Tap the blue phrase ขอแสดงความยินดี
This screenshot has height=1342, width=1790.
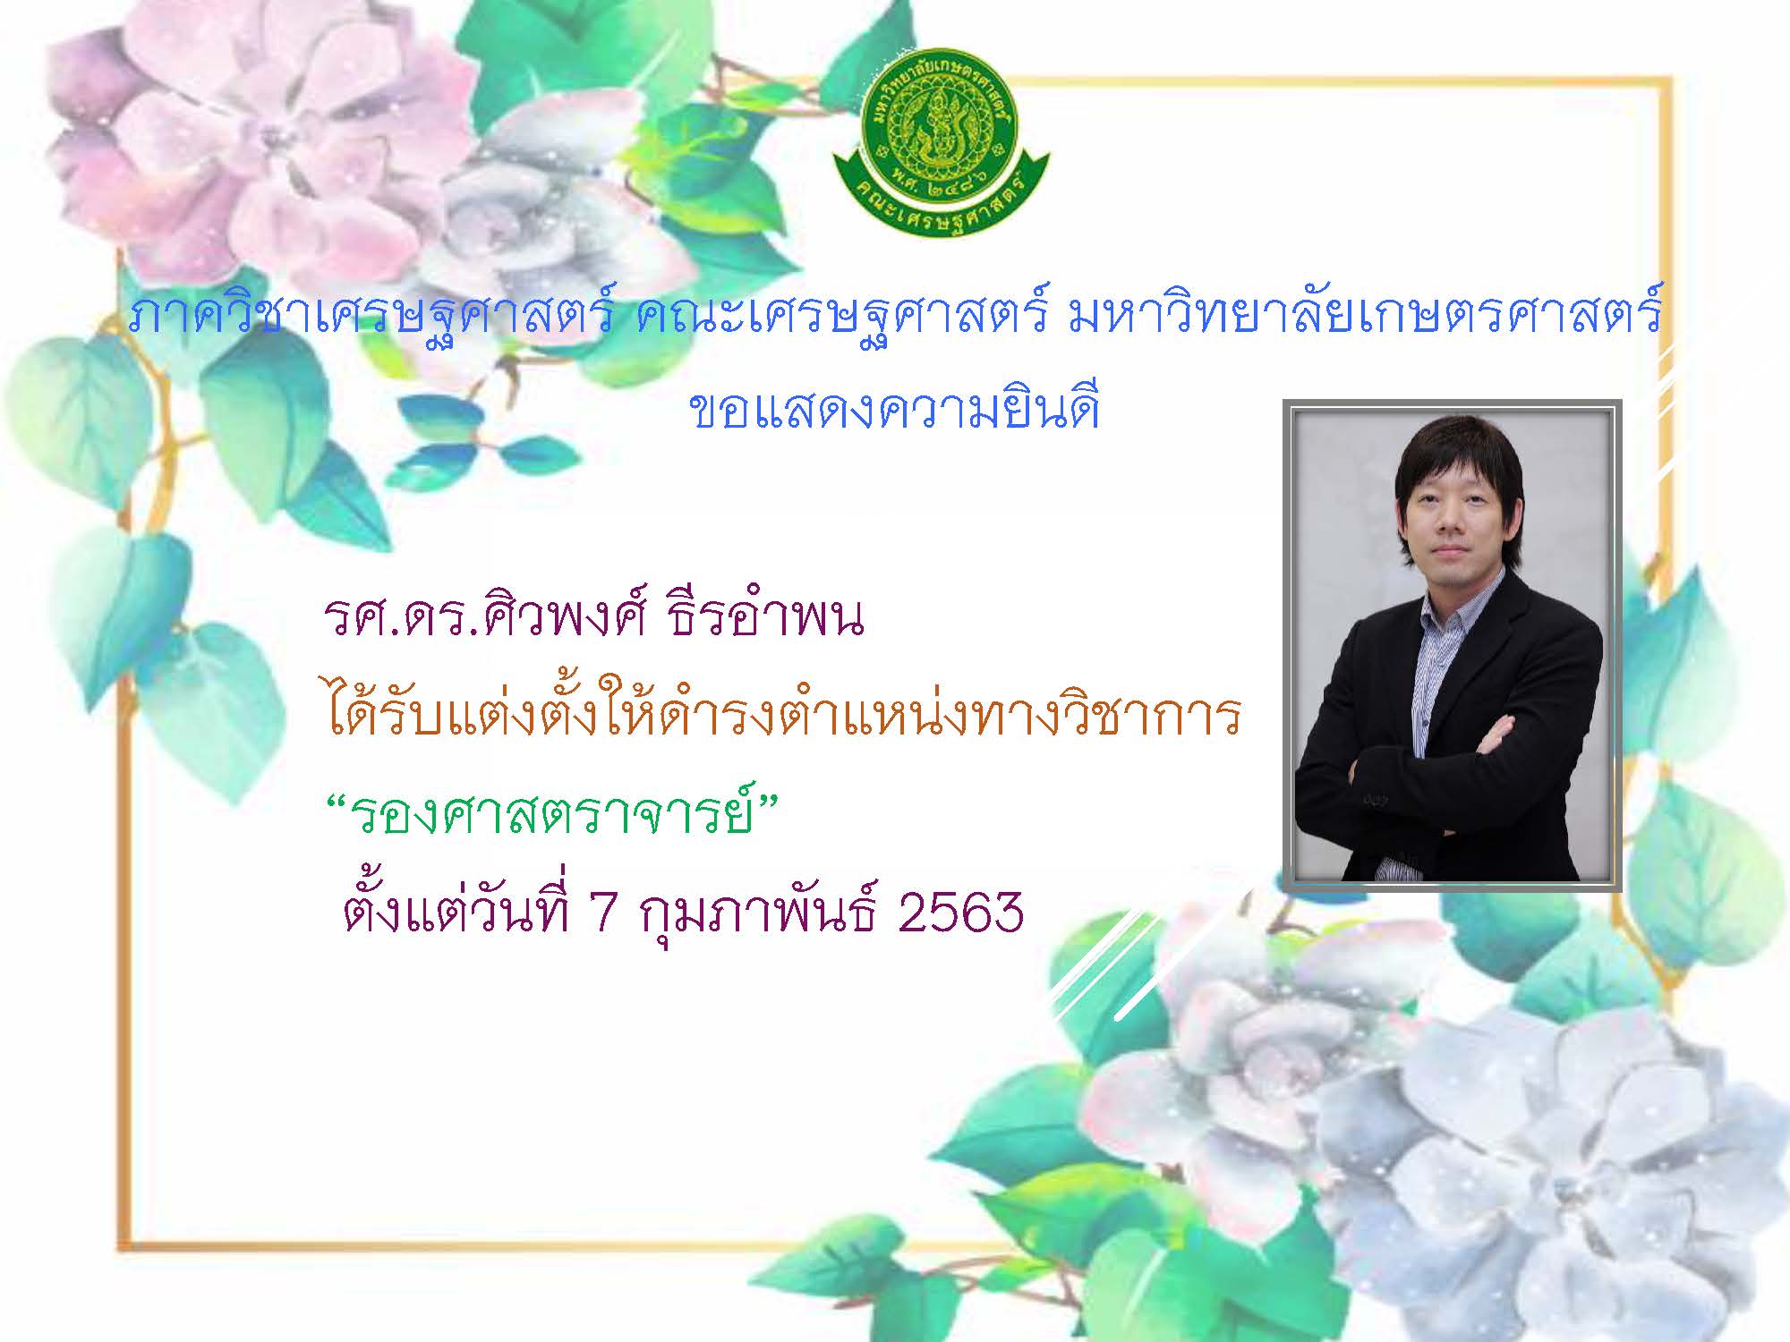point(894,410)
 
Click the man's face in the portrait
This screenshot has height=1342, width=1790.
point(1453,520)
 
